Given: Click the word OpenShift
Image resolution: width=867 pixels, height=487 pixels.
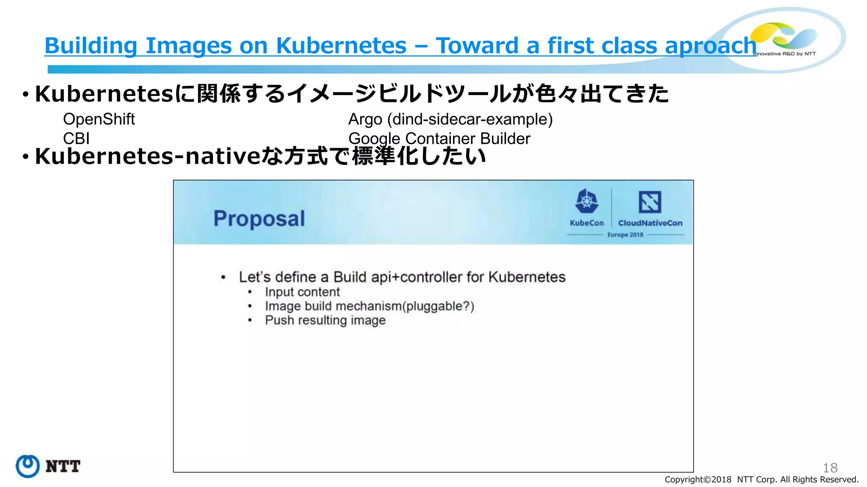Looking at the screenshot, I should [99, 119].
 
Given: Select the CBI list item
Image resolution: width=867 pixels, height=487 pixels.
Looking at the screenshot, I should [76, 138].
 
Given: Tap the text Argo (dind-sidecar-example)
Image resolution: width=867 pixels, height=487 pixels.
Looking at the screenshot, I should [450, 119].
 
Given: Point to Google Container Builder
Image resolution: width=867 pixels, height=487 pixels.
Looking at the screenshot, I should [439, 138].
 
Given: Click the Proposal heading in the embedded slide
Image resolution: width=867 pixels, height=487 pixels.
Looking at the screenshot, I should [259, 219].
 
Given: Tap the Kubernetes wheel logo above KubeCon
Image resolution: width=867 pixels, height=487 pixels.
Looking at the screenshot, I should [586, 202].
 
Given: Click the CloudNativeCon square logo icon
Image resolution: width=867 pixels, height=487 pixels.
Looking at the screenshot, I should [650, 202].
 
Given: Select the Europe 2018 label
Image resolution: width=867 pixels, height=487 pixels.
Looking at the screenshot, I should [625, 235].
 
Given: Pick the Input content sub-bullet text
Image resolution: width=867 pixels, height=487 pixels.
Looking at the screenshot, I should [302, 292].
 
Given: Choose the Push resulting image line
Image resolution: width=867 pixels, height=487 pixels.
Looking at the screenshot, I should [325, 320].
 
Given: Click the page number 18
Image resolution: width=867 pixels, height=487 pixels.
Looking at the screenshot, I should [830, 468].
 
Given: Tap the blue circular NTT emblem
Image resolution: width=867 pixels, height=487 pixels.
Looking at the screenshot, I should [28, 466].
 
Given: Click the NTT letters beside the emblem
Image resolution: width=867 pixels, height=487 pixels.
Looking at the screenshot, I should [63, 467].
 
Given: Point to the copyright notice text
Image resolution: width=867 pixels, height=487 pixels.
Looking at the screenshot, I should [761, 479].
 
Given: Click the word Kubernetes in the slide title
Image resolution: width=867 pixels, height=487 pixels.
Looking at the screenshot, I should [341, 46].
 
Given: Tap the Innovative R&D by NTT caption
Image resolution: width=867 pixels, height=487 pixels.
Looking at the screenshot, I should [784, 54].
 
